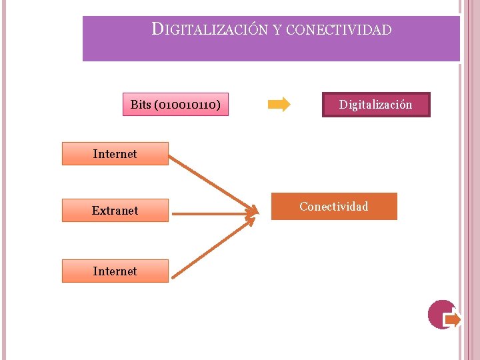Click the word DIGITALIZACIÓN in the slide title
coord(211,30)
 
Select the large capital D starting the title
coord(157,29)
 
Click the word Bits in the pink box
coord(141,105)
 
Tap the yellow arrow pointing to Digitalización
coord(279,105)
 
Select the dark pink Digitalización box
coord(376,105)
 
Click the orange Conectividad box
coord(334,206)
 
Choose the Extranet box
coord(115,211)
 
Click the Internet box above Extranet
coord(115,154)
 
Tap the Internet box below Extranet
coord(115,271)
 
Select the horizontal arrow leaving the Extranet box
coord(212,214)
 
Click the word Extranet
coord(115,211)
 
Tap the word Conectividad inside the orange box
coord(334,206)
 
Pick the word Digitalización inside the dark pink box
coord(376,105)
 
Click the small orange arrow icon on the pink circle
coord(452,320)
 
